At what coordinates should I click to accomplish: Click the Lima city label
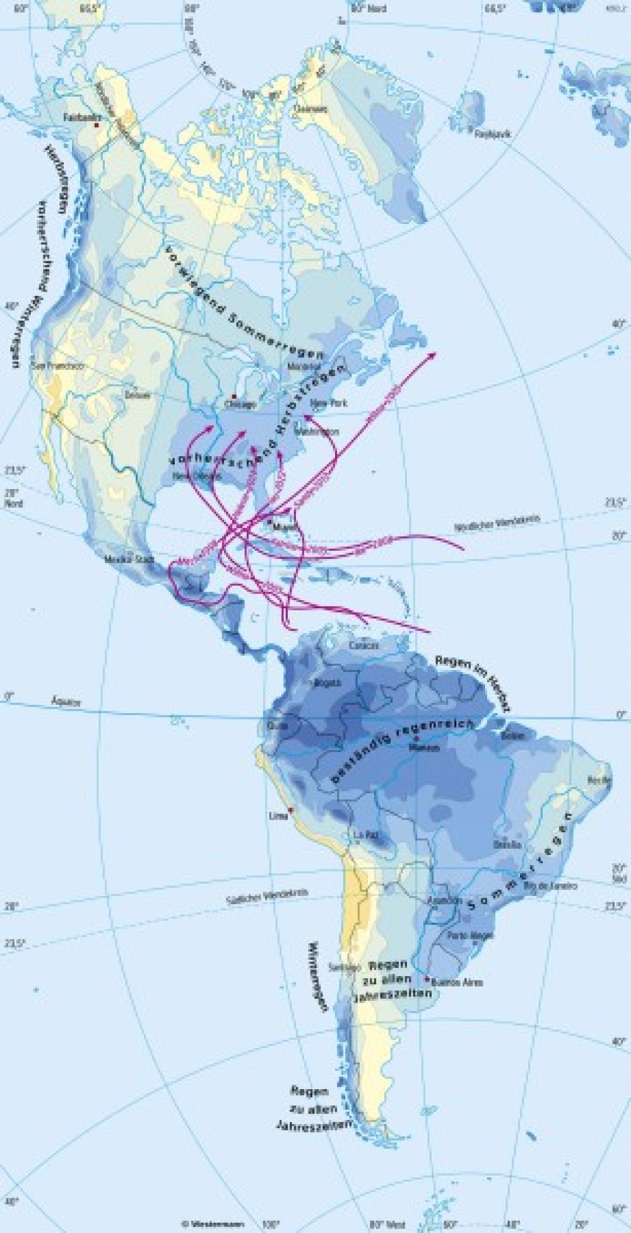click(x=278, y=815)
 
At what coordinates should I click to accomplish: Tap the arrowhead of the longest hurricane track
click(x=434, y=354)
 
